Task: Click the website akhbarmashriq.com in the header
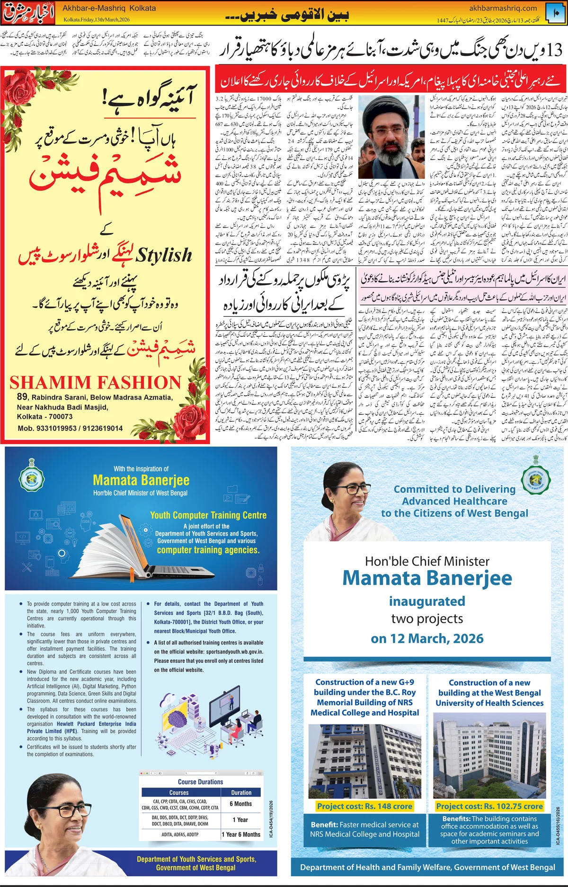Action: pyautogui.click(x=503, y=8)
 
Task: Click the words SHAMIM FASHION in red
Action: pyautogui.click(x=95, y=383)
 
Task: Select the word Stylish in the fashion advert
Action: pyautogui.click(x=164, y=255)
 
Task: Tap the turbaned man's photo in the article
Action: pyautogui.click(x=391, y=130)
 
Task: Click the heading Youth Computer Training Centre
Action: pyautogui.click(x=208, y=515)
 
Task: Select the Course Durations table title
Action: pyautogui.click(x=200, y=782)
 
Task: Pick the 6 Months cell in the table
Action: pyautogui.click(x=241, y=804)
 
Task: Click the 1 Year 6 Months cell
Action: pyautogui.click(x=241, y=834)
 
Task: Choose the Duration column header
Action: pyautogui.click(x=241, y=793)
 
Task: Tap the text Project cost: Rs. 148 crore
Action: pyautogui.click(x=364, y=806)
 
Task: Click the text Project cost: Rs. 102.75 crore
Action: pyautogui.click(x=489, y=806)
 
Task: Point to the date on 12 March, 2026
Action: pyautogui.click(x=427, y=638)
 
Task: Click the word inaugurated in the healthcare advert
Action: pyautogui.click(x=427, y=601)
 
